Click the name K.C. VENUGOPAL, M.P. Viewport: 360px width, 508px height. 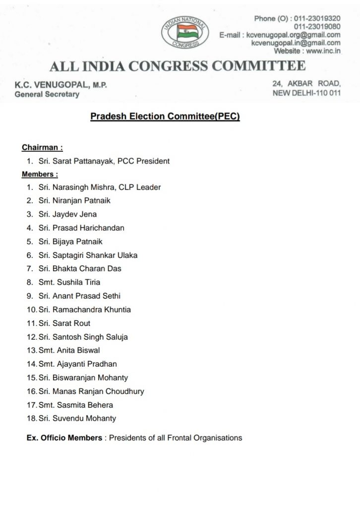[61, 85]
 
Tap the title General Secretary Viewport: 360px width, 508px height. [47, 94]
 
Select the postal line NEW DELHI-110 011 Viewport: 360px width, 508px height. [307, 93]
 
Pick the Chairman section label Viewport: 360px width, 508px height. [42, 148]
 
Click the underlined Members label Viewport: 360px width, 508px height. [40, 174]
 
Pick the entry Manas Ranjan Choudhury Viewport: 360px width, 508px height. [98, 391]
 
